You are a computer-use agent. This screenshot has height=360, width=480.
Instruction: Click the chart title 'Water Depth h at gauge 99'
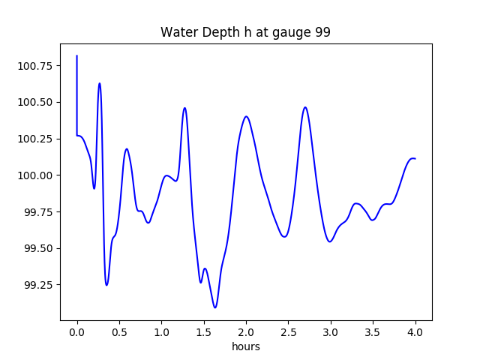click(245, 33)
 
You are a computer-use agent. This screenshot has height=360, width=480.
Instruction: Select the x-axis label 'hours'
click(245, 347)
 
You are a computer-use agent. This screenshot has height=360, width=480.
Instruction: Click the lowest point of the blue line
click(215, 307)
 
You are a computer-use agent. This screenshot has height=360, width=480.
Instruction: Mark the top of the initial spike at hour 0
click(77, 55)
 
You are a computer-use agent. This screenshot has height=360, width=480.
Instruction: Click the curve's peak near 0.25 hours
click(99, 83)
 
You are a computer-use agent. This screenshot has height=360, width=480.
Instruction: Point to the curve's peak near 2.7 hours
click(305, 106)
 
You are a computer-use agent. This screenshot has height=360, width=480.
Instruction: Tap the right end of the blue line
click(415, 158)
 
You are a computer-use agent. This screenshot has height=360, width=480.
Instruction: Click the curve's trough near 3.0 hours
click(330, 241)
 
